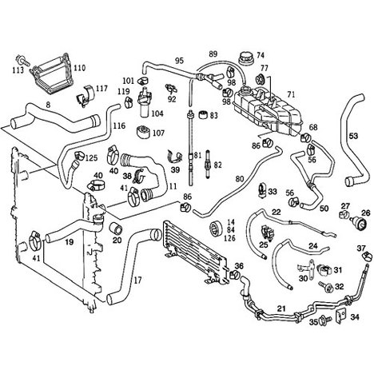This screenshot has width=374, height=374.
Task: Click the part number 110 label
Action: pos(80,68)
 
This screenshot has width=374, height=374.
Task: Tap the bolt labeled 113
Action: pos(22,60)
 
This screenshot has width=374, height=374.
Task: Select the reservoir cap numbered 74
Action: pos(245,58)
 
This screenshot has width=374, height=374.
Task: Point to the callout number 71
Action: pos(292,94)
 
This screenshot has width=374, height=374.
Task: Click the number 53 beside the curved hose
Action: pos(353,136)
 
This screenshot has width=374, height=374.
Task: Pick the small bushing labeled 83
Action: pos(204,114)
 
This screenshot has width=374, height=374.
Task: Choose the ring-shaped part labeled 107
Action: pos(143,133)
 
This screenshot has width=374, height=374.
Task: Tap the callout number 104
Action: pos(157,113)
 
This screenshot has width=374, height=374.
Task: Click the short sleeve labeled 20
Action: pos(116,227)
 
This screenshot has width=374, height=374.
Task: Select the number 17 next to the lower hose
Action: pos(137,280)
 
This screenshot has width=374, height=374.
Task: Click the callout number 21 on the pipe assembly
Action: pos(281,308)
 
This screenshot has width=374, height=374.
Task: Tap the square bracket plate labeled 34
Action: pos(341,316)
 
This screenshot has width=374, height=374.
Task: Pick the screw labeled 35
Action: pos(324,319)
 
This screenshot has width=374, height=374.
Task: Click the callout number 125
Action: pos(91,158)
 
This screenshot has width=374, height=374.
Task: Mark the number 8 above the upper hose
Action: pos(48,105)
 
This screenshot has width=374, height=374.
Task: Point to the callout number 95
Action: pos(180,61)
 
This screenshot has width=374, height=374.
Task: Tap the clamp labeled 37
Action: pos(367,257)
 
